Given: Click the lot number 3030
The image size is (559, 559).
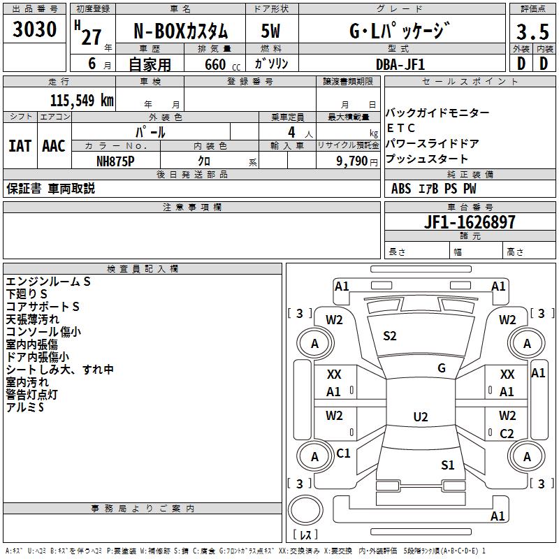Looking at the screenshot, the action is click(34, 29).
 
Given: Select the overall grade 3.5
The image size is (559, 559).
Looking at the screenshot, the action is click(532, 31).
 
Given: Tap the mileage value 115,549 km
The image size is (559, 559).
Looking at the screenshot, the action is click(82, 101).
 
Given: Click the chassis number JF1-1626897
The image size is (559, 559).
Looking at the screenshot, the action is click(470, 222).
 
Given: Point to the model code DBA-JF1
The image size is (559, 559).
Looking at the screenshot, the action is click(400, 64).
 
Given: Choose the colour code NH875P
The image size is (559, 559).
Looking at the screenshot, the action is click(115, 161).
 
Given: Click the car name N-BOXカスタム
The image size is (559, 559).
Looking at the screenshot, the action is click(180, 31).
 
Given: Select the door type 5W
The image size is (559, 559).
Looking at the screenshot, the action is click(270, 31).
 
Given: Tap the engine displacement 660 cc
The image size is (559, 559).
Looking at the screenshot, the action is click(222, 65).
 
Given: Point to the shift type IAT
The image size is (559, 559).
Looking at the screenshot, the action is click(20, 146).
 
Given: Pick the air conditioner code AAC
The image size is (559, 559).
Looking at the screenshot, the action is click(54, 146).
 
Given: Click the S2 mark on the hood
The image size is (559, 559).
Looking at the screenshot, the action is click(390, 336).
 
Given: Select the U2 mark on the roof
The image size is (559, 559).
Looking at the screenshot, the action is click(421, 416).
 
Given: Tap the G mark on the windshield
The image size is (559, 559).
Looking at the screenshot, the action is click(442, 368).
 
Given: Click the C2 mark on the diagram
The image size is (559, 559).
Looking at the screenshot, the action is click(507, 433).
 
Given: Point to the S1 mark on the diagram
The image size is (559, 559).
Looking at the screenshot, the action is click(448, 465).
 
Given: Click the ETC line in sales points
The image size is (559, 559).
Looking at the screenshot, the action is click(401, 128).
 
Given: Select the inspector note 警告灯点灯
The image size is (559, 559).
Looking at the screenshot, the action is click(31, 395).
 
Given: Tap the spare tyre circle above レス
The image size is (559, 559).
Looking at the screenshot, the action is click(305, 510).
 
